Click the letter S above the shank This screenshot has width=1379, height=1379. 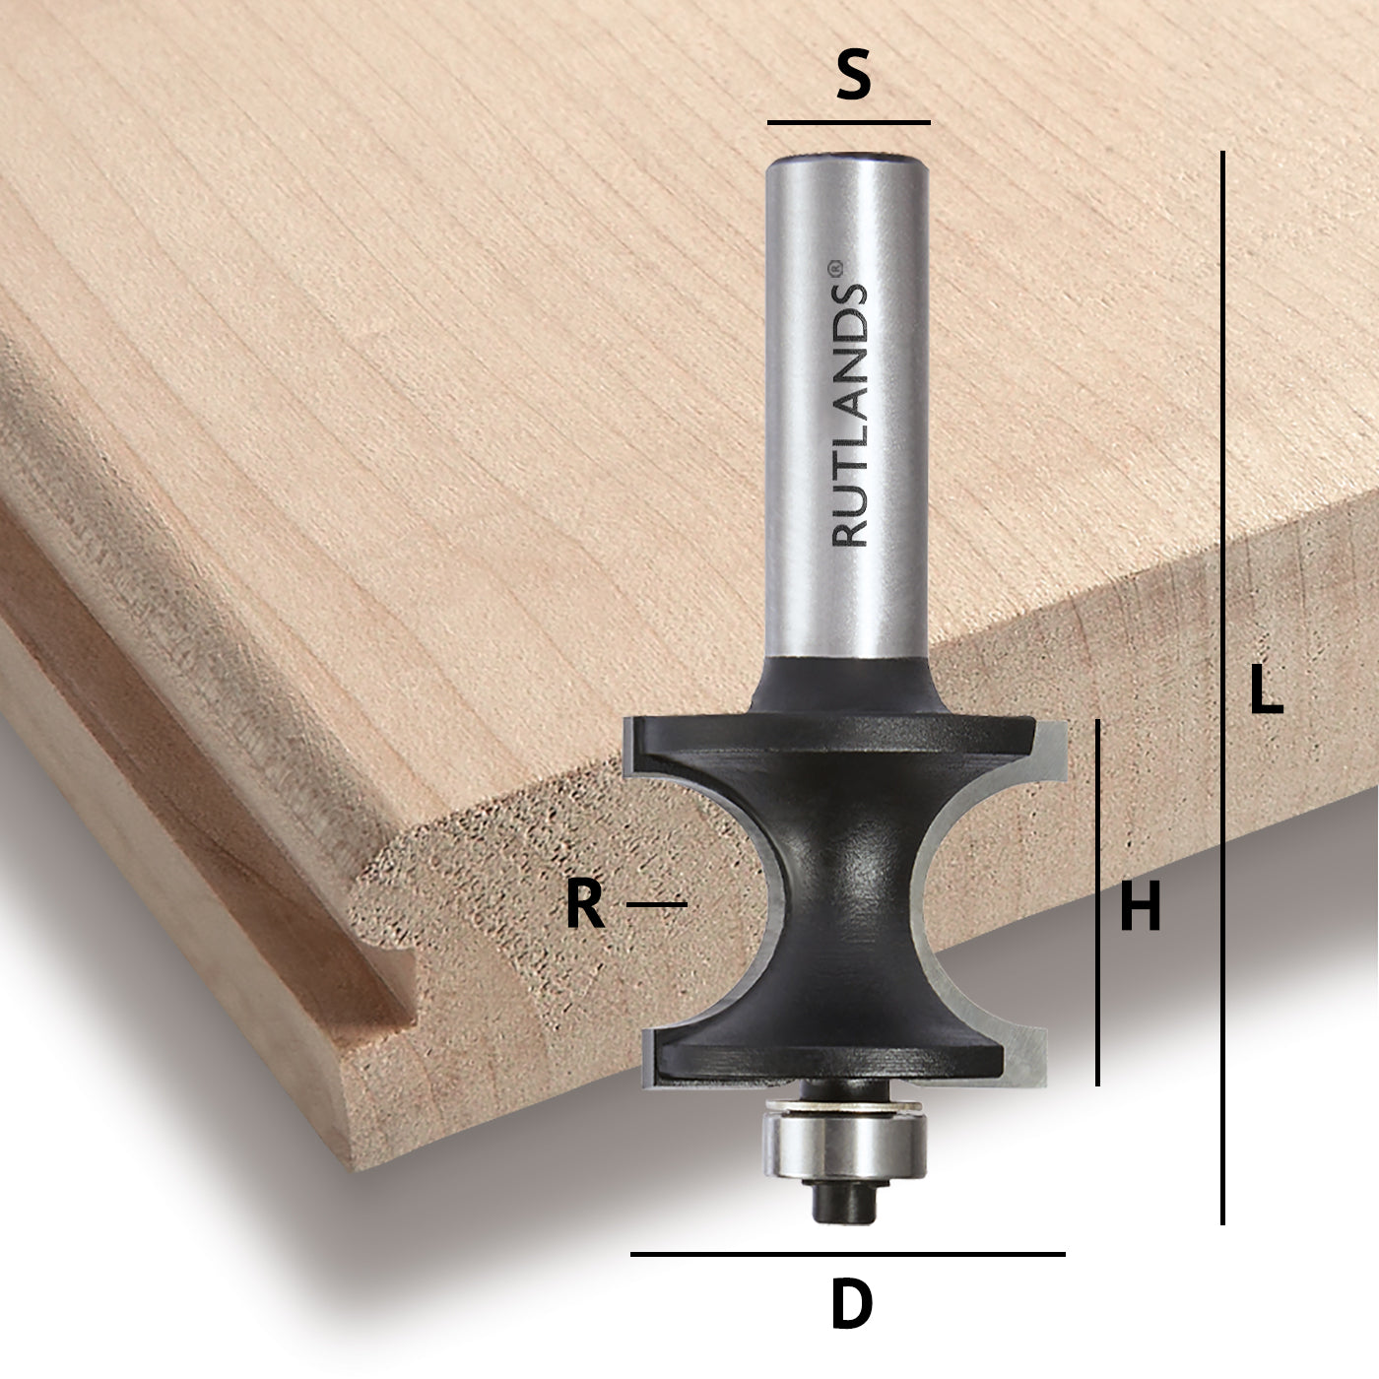[x=853, y=78]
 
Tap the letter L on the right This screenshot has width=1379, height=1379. [x=1266, y=689]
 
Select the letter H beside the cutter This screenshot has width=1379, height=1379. [x=1141, y=906]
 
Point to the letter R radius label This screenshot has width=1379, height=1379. [x=584, y=905]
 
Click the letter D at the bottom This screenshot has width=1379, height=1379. [x=852, y=1305]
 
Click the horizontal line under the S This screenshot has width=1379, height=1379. [x=848, y=123]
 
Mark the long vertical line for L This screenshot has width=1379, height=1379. [x=1222, y=689]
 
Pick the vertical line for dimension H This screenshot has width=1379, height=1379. [x=1098, y=901]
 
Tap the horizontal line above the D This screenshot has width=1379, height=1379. [x=847, y=1254]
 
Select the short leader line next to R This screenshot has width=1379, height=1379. [x=656, y=903]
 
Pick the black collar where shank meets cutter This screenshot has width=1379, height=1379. [x=847, y=685]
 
